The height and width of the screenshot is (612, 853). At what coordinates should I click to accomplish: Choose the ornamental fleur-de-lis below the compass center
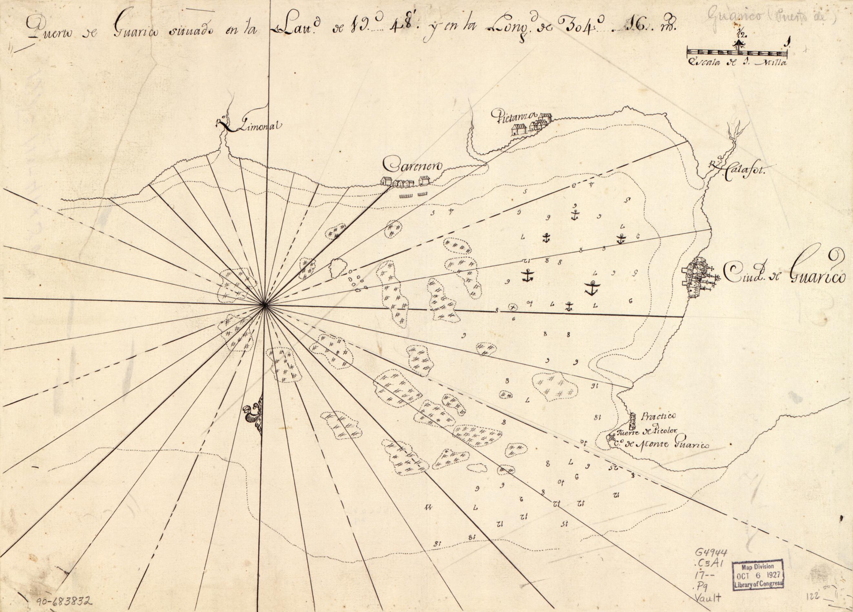[x=254, y=417]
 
